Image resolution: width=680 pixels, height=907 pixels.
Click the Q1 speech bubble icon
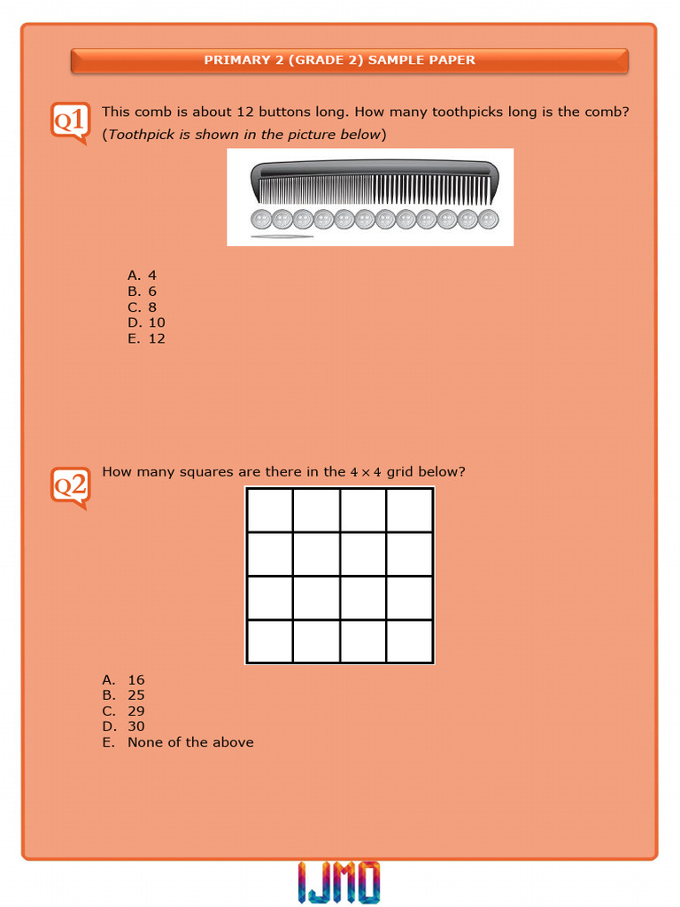(70, 122)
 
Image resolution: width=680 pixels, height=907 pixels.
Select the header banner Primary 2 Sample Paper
(349, 60)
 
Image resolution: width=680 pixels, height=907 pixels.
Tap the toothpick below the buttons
(282, 236)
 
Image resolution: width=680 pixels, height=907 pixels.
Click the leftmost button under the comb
(261, 219)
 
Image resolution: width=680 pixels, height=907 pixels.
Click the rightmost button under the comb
(488, 219)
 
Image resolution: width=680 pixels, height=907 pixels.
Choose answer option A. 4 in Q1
(142, 275)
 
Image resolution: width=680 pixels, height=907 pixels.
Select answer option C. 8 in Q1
(142, 307)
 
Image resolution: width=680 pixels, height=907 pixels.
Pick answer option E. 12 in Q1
(146, 338)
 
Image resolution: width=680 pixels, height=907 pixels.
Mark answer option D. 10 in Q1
(146, 322)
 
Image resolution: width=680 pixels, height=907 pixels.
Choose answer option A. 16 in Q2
(124, 680)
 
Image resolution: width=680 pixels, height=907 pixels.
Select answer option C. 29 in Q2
(124, 711)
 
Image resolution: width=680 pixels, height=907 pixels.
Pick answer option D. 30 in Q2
(124, 726)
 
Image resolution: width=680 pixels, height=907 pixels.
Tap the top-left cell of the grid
(270, 510)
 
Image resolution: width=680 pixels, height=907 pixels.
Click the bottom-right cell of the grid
(409, 641)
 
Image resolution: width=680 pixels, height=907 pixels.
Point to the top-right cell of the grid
(409, 510)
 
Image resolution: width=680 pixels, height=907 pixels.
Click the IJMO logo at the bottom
(339, 882)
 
